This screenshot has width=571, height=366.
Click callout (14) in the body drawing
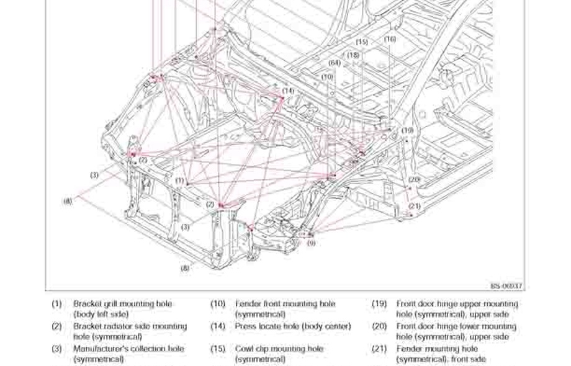pyautogui.click(x=288, y=91)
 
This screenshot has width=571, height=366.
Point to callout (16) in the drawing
pyautogui.click(x=390, y=39)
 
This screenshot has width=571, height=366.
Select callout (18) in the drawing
pyautogui.click(x=353, y=55)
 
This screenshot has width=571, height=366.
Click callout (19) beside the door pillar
pyautogui.click(x=407, y=131)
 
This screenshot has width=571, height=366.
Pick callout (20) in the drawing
pyautogui.click(x=415, y=179)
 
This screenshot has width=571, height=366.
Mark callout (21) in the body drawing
pyautogui.click(x=415, y=206)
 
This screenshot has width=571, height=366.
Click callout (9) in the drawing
pyautogui.click(x=311, y=243)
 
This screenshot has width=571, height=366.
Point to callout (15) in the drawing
pyautogui.click(x=362, y=42)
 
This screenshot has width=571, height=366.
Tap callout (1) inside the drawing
pyautogui.click(x=179, y=181)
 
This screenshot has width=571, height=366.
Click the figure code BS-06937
pyautogui.click(x=507, y=286)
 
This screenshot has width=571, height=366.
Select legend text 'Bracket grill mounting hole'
pyautogui.click(x=123, y=304)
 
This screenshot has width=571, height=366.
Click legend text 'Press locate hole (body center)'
pyautogui.click(x=293, y=326)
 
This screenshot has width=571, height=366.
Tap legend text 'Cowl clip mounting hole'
pyautogui.click(x=279, y=349)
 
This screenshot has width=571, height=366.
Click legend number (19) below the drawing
pyautogui.click(x=379, y=304)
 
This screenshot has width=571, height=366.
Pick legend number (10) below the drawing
pyautogui.click(x=218, y=304)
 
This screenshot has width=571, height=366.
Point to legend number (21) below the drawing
pyautogui.click(x=379, y=349)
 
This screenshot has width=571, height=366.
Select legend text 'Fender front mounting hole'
pyautogui.click(x=285, y=304)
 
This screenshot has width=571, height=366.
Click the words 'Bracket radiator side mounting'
pyautogui.click(x=130, y=326)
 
